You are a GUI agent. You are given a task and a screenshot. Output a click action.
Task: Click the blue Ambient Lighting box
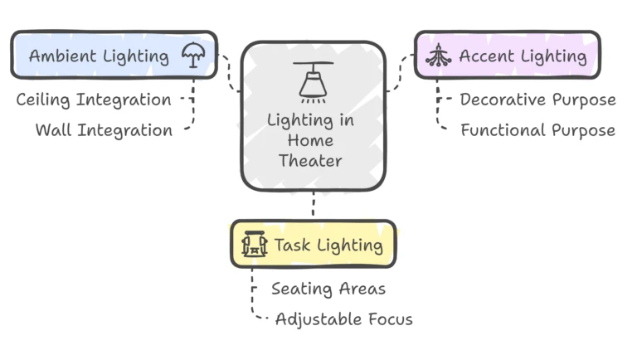coord(113,56)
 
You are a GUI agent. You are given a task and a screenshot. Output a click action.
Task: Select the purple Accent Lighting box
coord(507,56)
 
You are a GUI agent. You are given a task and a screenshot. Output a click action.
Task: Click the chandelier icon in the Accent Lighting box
coord(437,56)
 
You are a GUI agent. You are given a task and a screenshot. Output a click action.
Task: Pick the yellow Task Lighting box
coord(314,245)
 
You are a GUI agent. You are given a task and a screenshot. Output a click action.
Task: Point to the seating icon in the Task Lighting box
coord(254,245)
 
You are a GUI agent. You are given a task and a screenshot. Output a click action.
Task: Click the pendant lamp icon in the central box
coord(313,79)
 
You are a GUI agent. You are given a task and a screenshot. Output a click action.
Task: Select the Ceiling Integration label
coord(94,100)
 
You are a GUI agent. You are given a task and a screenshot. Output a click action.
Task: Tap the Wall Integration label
coord(104,130)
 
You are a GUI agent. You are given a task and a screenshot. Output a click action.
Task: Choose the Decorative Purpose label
coord(537,100)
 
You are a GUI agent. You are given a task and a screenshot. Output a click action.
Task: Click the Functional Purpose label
coord(537,130)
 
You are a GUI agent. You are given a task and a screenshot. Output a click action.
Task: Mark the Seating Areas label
coord(328,289)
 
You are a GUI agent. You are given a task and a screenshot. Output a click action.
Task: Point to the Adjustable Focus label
coord(343,319)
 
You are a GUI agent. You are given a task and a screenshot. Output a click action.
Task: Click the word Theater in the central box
coord(310,161)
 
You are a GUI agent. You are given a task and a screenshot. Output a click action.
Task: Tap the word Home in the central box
coord(310,140)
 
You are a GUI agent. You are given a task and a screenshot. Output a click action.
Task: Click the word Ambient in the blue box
coord(62,56)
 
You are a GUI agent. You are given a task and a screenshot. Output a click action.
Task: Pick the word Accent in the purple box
coord(485,56)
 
